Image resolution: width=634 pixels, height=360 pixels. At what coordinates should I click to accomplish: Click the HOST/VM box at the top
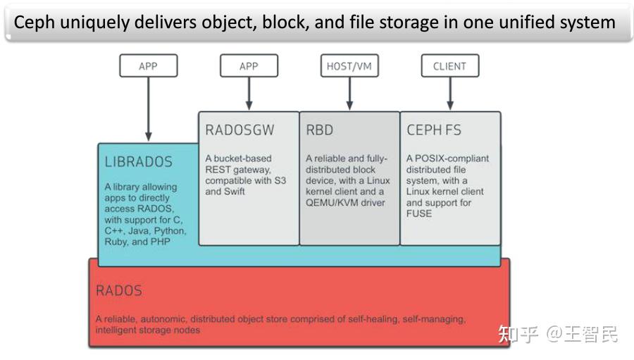coord(349,66)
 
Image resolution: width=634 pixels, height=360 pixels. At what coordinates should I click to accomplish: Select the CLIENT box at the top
coord(449,66)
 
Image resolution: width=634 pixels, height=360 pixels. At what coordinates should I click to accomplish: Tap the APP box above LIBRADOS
coord(148,66)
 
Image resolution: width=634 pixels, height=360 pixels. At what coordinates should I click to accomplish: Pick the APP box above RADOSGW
coord(249,66)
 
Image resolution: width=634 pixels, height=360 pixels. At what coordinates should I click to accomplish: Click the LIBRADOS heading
coord(138,162)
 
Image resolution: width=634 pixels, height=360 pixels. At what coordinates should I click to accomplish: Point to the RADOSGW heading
coord(240,130)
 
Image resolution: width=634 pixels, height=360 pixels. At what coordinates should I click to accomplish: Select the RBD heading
coord(320,130)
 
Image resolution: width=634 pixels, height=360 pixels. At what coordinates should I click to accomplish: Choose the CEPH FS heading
coord(434,130)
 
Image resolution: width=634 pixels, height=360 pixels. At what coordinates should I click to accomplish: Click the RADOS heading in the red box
coord(119,290)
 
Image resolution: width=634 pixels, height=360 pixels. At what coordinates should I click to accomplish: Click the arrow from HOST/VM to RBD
coord(349,93)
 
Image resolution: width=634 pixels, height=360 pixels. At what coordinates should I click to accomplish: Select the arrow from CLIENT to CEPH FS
coord(449,93)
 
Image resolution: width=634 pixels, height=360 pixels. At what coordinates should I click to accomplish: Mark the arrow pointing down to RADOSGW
coord(249,93)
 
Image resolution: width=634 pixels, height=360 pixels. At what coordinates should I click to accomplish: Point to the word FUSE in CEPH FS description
coord(419,213)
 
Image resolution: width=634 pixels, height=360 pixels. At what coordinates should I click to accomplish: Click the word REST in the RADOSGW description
coord(218,170)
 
